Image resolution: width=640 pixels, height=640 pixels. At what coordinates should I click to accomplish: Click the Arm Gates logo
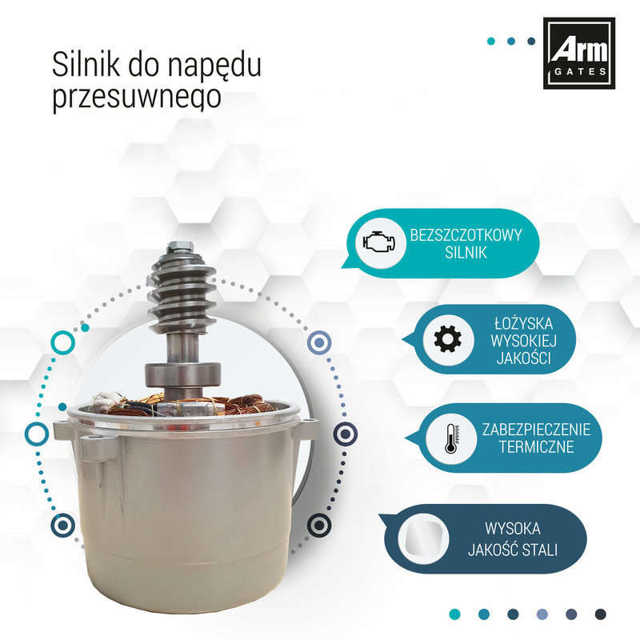(x=578, y=53)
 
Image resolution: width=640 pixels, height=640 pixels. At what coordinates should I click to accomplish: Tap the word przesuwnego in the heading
(x=137, y=98)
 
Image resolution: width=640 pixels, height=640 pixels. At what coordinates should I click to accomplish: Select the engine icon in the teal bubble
(x=379, y=243)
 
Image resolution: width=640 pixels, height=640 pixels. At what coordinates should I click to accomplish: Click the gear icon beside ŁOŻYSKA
(x=447, y=339)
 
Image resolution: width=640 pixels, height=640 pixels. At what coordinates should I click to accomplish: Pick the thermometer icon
(x=451, y=438)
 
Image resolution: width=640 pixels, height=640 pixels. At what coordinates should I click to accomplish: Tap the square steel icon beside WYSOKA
(x=423, y=538)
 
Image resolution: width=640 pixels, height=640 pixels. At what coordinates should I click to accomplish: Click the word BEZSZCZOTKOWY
(x=466, y=235)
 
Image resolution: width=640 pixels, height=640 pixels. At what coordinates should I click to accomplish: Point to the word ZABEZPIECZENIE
(x=536, y=430)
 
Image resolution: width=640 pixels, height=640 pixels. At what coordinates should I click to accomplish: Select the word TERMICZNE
(x=536, y=447)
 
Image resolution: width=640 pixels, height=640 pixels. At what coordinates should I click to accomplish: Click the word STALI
(x=540, y=550)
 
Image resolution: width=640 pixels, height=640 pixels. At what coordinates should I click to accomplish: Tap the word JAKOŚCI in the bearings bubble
(x=523, y=358)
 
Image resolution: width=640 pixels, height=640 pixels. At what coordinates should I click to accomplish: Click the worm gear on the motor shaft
(x=182, y=290)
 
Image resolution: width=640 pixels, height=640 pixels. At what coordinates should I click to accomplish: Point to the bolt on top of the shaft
(x=179, y=246)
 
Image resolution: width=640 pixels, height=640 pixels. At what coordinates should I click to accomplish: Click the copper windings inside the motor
(x=184, y=405)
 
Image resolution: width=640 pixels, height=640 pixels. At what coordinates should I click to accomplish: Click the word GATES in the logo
(x=580, y=72)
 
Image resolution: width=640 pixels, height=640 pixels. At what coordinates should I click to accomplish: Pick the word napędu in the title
(x=214, y=66)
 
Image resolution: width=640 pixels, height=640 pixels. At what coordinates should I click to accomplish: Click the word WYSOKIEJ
(x=523, y=341)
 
